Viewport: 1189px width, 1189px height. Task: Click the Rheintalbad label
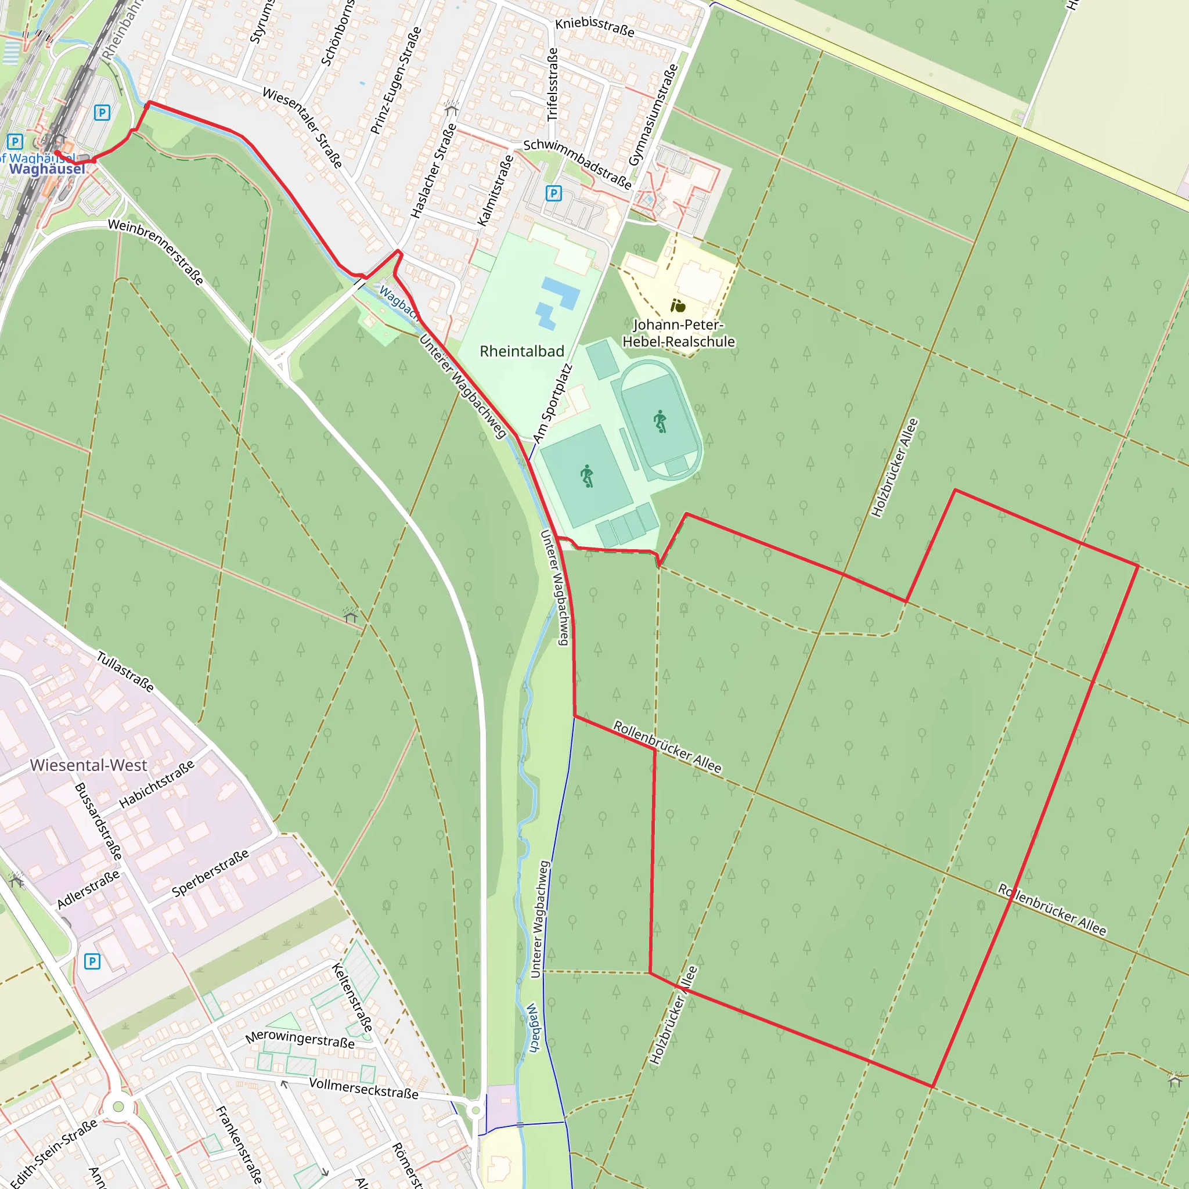point(522,351)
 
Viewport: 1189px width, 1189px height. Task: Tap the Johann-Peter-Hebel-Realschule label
point(678,333)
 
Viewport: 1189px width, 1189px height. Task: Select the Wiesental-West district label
point(89,765)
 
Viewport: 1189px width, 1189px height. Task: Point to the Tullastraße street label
point(125,672)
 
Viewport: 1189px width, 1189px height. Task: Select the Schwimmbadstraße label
point(577,163)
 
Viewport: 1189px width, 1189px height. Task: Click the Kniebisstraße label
point(594,27)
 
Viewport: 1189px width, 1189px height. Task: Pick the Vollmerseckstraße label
point(363,1088)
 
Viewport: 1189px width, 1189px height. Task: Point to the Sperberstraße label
point(211,873)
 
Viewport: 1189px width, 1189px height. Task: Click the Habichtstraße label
point(156,783)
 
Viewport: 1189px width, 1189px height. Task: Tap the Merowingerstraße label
point(300,1039)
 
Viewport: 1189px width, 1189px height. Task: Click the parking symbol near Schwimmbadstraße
point(553,194)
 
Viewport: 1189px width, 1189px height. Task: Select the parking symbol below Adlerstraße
point(92,961)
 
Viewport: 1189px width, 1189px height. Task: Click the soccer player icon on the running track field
point(660,421)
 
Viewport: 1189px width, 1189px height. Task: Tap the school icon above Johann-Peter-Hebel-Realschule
point(678,305)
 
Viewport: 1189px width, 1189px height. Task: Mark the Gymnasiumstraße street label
point(653,115)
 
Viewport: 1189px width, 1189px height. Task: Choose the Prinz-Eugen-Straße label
point(396,81)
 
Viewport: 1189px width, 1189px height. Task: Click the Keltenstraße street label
point(352,997)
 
